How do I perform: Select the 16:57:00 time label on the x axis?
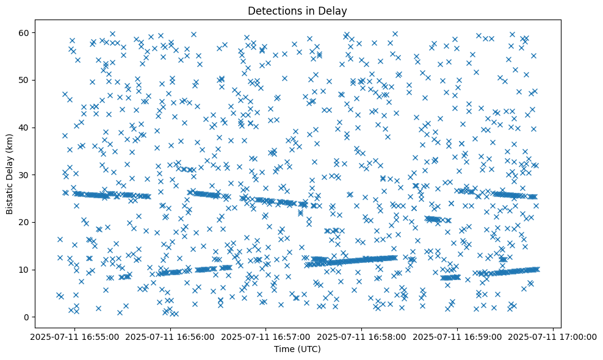click(266, 337)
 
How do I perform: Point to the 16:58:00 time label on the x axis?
click(362, 337)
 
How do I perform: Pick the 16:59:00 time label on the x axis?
click(458, 337)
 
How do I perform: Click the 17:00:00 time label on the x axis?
click(554, 337)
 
